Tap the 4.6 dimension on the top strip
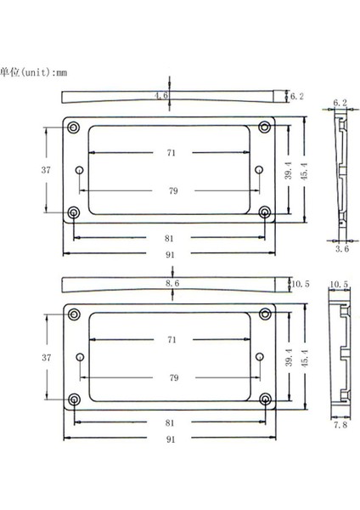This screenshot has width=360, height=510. [x=160, y=97]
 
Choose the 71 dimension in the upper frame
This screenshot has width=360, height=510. [x=172, y=153]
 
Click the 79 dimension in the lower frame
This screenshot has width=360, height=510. [x=173, y=377]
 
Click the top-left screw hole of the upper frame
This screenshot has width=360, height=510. [x=73, y=127]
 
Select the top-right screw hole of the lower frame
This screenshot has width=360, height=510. [x=265, y=316]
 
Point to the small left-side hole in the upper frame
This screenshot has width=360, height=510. [x=79, y=170]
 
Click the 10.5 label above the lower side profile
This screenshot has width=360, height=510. [x=338, y=283]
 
